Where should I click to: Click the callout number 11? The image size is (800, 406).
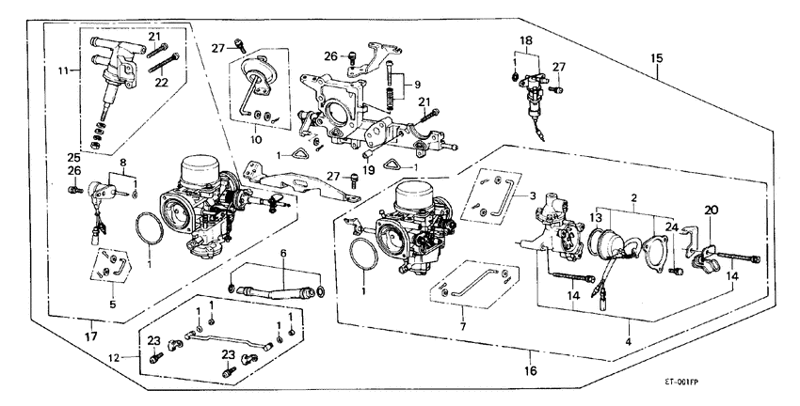[62, 70]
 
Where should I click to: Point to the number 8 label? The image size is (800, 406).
[122, 164]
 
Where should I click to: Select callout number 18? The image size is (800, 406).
[526, 41]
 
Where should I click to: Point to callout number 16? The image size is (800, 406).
[531, 371]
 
